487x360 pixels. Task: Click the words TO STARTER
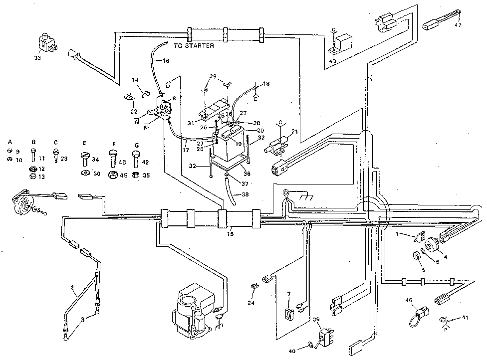point(194,46)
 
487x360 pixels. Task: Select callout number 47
point(458,25)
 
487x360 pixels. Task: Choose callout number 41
point(466,317)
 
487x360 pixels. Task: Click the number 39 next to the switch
point(315,319)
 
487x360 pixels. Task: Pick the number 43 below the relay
point(333,61)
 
